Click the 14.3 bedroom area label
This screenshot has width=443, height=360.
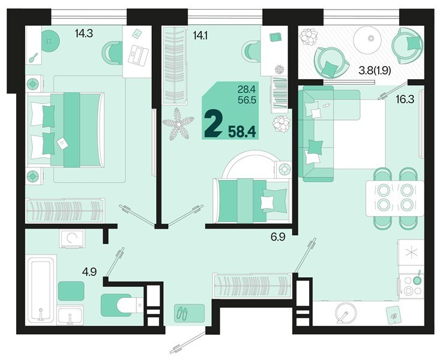[x=83, y=34]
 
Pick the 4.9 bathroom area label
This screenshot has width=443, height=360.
[x=89, y=272]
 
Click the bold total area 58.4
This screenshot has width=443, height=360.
[x=243, y=128]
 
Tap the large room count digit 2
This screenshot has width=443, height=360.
[x=212, y=124]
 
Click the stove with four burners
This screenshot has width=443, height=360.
[x=412, y=284]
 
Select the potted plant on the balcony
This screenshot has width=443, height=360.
[x=310, y=37]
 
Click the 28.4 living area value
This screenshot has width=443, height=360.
[x=247, y=90]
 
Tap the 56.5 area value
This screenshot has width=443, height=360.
[x=247, y=101]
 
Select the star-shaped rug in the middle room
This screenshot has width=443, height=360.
[x=178, y=123]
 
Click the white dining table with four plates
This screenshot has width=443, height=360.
[x=394, y=197]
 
